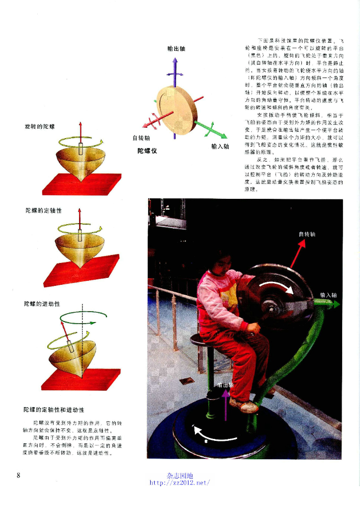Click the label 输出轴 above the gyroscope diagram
coord(177,48)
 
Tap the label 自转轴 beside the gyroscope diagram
coord(141,138)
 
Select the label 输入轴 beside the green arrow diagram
coord(220,147)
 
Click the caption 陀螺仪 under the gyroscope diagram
coord(148,150)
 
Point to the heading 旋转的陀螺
coord(40,127)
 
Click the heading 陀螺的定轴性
coord(44,210)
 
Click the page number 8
coord(18,475)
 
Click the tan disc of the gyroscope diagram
coord(177,109)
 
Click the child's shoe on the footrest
coord(244,406)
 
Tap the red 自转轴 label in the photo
coord(307,234)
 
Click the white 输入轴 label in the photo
coord(329,295)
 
